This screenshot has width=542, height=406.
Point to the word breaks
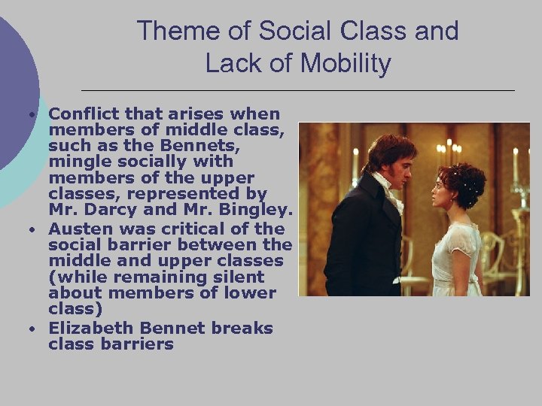coord(242,329)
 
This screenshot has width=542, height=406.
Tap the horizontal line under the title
coord(297,90)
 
